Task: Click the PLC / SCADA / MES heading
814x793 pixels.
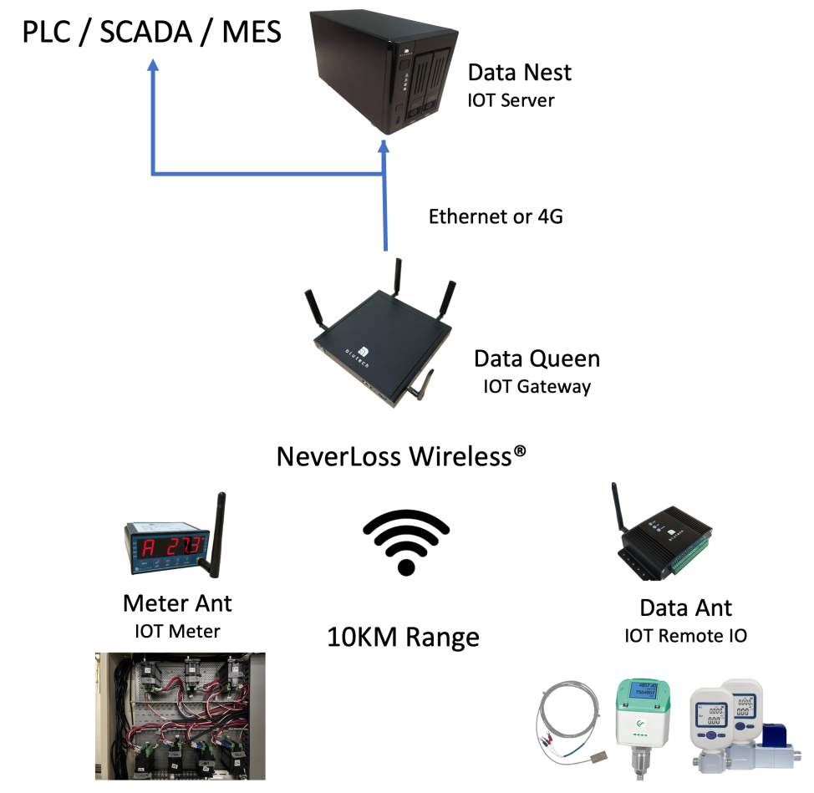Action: tap(151, 33)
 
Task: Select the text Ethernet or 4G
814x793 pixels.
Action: tap(496, 217)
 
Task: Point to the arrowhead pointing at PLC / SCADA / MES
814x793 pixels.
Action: tap(152, 68)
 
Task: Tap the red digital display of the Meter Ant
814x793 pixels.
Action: tap(170, 548)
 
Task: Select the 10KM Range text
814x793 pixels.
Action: tap(403, 638)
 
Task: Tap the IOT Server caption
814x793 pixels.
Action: tap(511, 101)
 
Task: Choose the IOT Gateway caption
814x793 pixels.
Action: tap(537, 387)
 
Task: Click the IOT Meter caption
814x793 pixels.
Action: tap(177, 632)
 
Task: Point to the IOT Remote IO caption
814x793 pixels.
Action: tap(685, 636)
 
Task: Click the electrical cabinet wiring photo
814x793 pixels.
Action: tap(180, 715)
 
